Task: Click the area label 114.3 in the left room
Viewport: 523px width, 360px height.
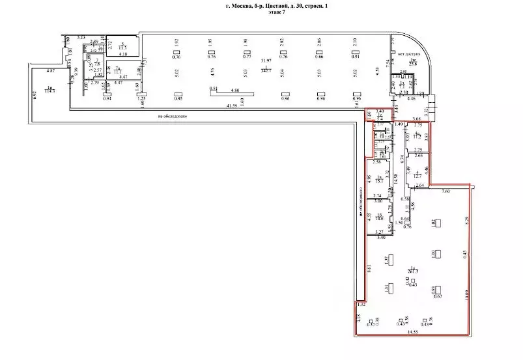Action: tap(49, 90)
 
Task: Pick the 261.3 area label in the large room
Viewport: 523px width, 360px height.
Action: tap(412, 271)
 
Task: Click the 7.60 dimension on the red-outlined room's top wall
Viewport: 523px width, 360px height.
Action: tap(445, 191)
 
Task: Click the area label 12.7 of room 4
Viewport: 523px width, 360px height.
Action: tap(417, 174)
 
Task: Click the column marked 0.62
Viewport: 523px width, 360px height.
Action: tap(438, 296)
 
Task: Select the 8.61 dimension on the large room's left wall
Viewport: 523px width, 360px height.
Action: tap(369, 267)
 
